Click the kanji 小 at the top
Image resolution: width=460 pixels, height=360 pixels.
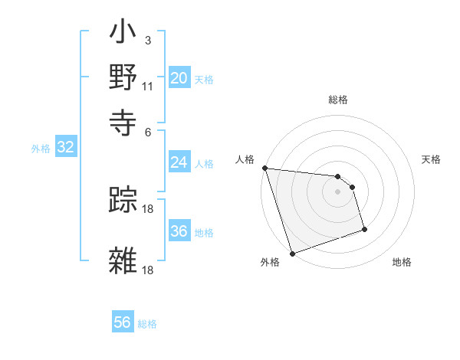coord(123,35)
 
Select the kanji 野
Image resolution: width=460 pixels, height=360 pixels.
coord(123,77)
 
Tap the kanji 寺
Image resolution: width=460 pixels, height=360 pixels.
coord(123,119)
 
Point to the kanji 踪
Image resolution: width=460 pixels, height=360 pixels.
coord(123,201)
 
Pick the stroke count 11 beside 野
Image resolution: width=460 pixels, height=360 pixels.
coord(148,86)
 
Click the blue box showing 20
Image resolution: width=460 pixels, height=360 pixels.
coord(179,78)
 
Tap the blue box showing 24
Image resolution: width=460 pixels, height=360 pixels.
coord(179,162)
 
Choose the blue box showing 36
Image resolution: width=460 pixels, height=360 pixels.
coord(179,231)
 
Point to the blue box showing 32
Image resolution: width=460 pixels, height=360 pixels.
coord(65,148)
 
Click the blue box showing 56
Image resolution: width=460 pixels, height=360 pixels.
coord(122,322)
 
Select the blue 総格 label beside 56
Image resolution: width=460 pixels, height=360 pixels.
coord(147,324)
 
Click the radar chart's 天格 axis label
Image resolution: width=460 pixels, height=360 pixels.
coord(432,159)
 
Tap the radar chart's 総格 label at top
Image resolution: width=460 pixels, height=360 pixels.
coord(338,100)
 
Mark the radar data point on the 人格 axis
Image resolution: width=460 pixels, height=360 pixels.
coord(264,168)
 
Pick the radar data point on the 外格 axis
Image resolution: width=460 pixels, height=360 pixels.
coord(293,254)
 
